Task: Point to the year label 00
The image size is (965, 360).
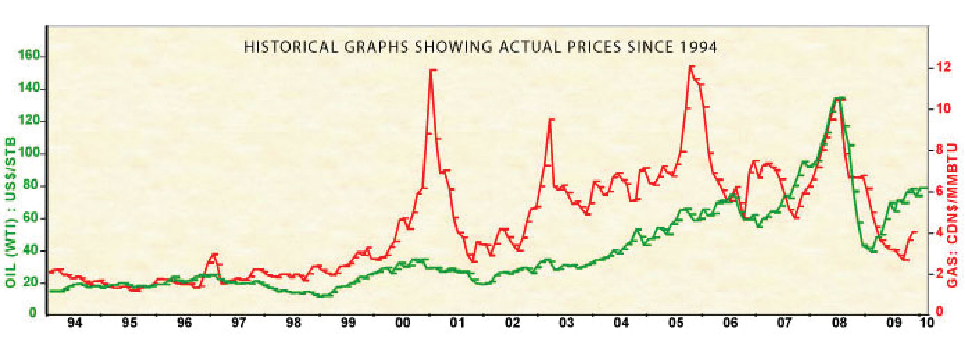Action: (x=403, y=323)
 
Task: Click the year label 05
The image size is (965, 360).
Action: (x=677, y=323)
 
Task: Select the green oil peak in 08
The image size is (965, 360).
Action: (x=838, y=98)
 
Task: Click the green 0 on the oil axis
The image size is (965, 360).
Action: (x=33, y=312)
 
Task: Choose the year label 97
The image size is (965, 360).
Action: (x=238, y=323)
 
